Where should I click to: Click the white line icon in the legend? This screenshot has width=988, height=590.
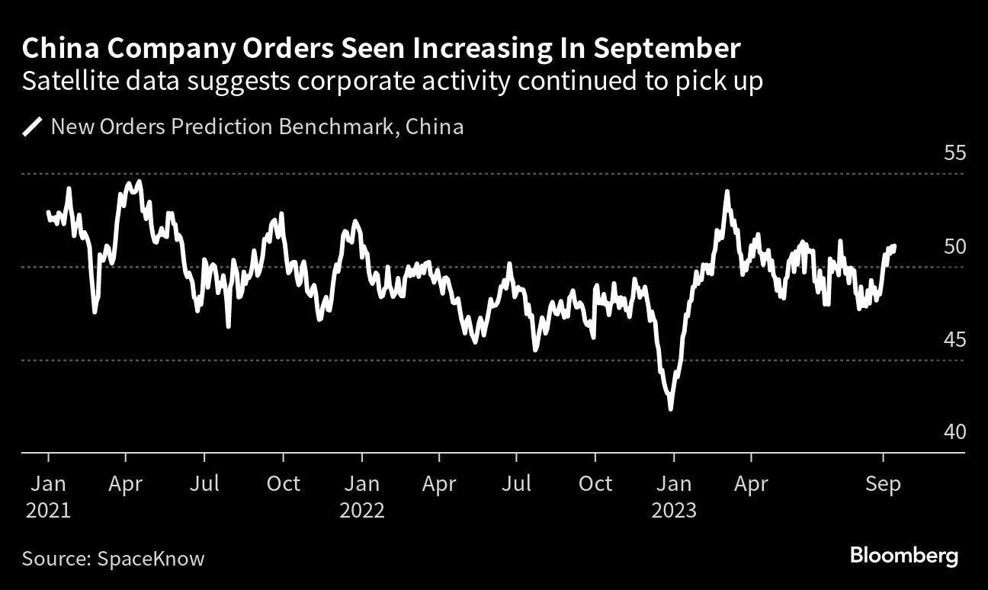[33, 127]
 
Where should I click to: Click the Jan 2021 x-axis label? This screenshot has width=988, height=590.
[48, 496]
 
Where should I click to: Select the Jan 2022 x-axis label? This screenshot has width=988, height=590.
[362, 496]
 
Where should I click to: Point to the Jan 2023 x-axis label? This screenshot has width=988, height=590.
[674, 496]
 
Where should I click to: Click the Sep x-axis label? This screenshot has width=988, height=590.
[884, 484]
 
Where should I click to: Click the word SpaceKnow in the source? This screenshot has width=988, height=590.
[151, 559]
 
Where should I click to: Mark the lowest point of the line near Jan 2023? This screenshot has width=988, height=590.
[670, 409]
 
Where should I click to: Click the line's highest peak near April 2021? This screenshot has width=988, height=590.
[138, 181]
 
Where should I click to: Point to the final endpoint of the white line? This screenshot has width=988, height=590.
[894, 246]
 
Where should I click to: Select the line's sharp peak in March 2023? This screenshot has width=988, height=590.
[727, 191]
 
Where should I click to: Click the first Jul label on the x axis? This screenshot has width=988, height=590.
[204, 484]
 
